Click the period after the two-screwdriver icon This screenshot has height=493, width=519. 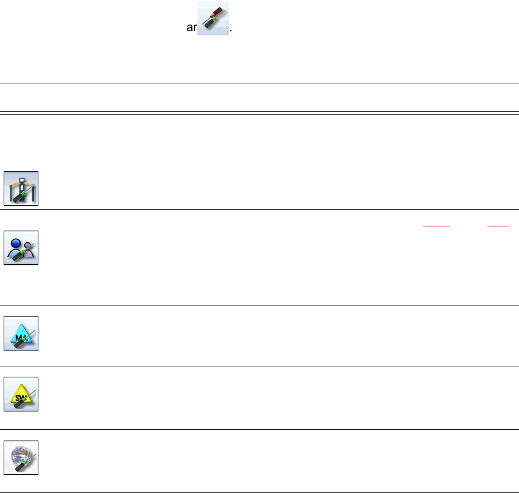232,30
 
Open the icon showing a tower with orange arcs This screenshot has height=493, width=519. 21,188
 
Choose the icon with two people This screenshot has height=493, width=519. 21,248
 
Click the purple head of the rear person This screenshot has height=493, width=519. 29,245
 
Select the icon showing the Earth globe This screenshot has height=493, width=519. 21,457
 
